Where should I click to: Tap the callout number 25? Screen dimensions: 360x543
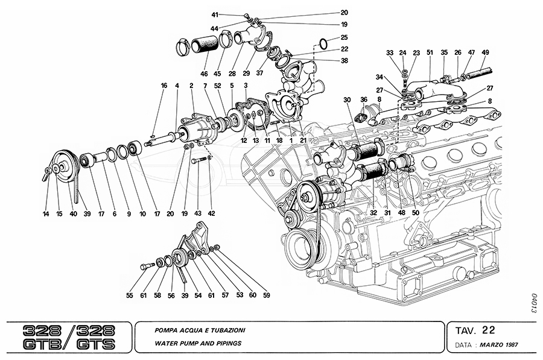pyautogui.click(x=344, y=37)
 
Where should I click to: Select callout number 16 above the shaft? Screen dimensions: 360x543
pyautogui.click(x=164, y=86)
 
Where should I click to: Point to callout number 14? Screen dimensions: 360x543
pyautogui.click(x=46, y=213)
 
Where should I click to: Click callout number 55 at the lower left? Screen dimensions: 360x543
pyautogui.click(x=129, y=295)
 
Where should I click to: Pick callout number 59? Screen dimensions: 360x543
pyautogui.click(x=266, y=295)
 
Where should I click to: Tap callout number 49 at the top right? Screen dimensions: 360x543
pyautogui.click(x=485, y=52)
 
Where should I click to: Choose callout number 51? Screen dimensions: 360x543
pyautogui.click(x=430, y=52)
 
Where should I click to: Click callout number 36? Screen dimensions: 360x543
pyautogui.click(x=364, y=99)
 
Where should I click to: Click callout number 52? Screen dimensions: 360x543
pyautogui.click(x=217, y=86)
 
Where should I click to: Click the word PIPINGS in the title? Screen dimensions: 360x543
pyautogui.click(x=226, y=343)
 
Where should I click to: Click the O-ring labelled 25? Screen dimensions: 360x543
pyautogui.click(x=323, y=43)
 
